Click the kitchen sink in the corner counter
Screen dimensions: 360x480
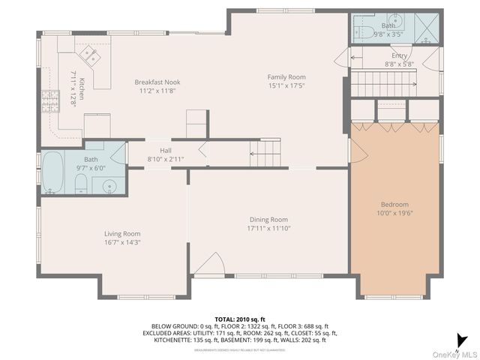(92, 53)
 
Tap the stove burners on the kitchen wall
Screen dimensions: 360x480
(50, 100)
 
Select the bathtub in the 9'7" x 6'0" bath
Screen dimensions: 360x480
(52, 172)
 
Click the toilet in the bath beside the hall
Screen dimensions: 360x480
(82, 186)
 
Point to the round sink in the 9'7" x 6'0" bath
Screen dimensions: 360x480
(109, 186)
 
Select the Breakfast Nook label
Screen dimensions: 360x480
(157, 82)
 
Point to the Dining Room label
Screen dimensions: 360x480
(268, 219)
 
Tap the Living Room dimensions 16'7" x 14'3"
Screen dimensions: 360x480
(122, 242)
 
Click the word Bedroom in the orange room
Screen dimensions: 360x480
(394, 204)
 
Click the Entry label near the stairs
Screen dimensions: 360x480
(399, 55)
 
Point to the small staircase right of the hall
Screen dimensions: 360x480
(265, 154)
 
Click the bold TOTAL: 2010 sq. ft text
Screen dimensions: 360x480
(240, 319)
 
